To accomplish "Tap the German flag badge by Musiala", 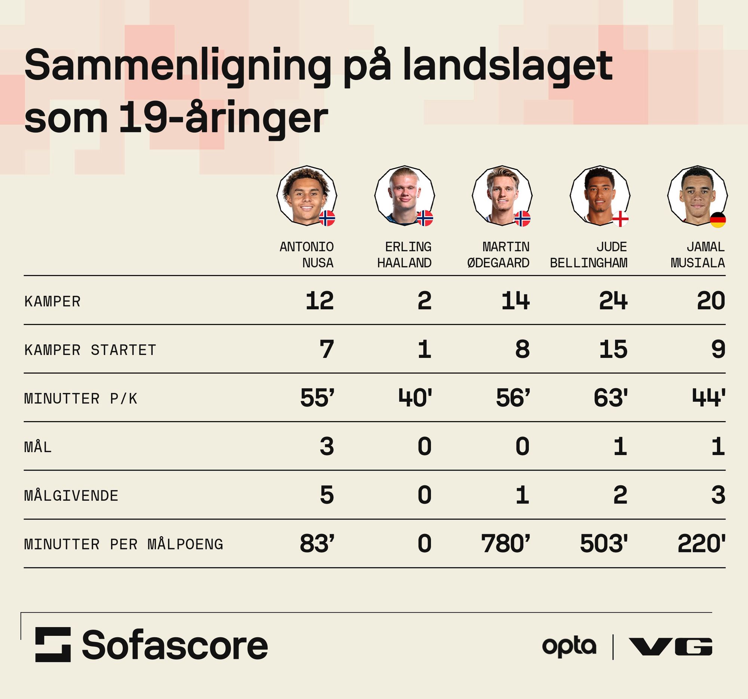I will tap(718, 220).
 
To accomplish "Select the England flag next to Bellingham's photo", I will tap(620, 219).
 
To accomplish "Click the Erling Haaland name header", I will tap(404, 255).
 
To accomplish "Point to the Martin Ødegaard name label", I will tap(499, 255).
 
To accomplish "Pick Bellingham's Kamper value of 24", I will tap(613, 301).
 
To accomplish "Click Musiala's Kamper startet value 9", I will tap(718, 349).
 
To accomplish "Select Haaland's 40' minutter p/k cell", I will tap(415, 398).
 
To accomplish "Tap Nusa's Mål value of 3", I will tap(327, 447).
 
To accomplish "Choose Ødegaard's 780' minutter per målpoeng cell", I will tap(505, 544).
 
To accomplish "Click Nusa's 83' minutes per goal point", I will tap(317, 544).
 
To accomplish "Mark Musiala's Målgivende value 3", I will tap(718, 495).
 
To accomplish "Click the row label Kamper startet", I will tap(90, 350).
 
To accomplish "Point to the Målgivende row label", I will tap(71, 496).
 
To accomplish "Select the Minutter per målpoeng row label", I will tap(124, 545).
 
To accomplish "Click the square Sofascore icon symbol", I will tap(53, 644).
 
